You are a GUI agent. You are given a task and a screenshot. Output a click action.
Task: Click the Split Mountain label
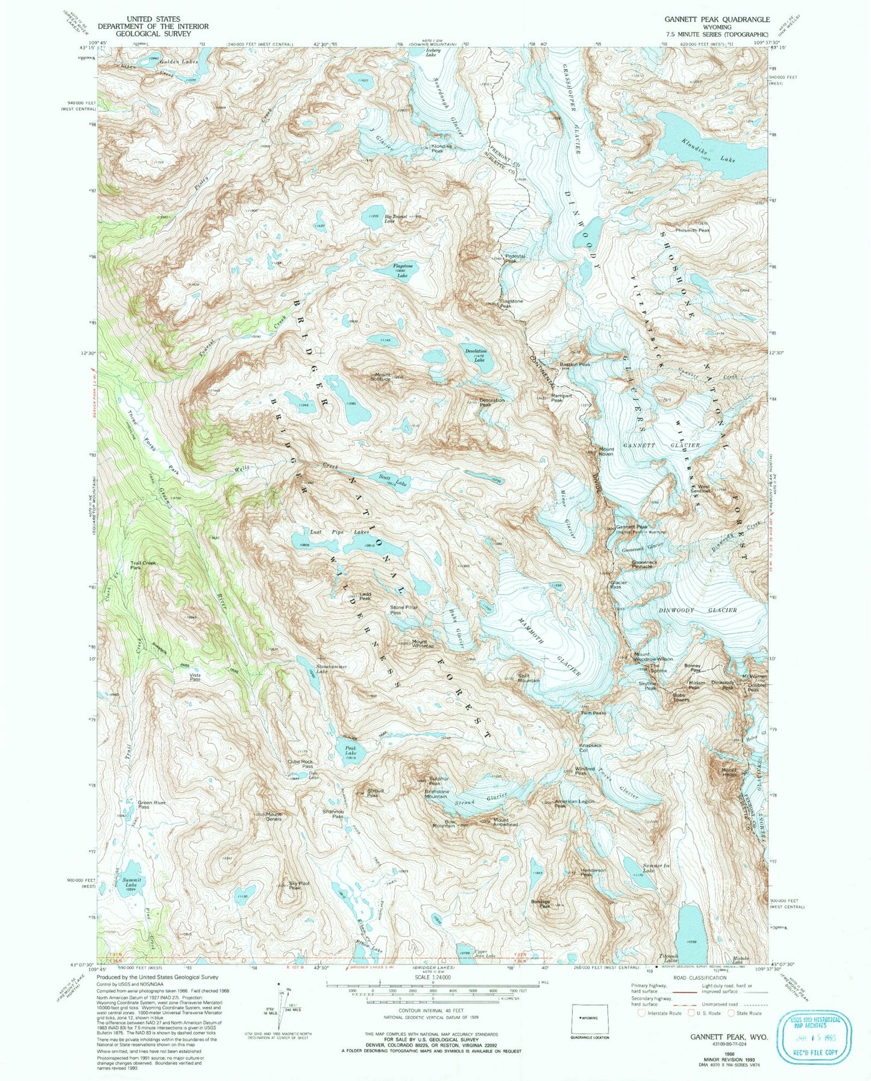pos(527,678)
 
